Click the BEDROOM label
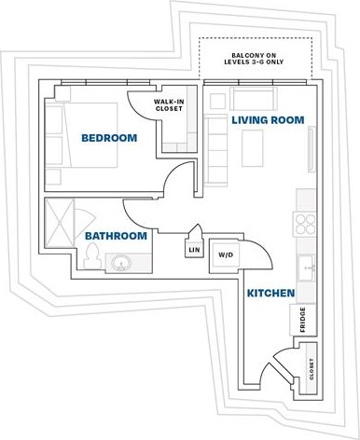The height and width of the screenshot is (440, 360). pyautogui.click(x=109, y=138)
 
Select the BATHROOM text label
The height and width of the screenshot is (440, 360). pyautogui.click(x=116, y=236)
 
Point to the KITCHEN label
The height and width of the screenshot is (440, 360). pyautogui.click(x=271, y=294)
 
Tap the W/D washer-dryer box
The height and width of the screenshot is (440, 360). pyautogui.click(x=226, y=254)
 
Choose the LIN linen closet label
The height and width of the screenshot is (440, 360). pyautogui.click(x=195, y=250)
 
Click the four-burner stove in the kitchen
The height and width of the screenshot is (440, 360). pyautogui.click(x=306, y=223)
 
